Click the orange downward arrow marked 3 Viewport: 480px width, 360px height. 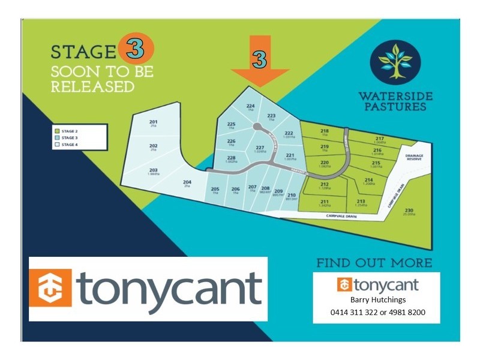[259, 60]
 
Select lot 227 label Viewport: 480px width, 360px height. [260, 149]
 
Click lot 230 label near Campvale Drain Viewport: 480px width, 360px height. [409, 211]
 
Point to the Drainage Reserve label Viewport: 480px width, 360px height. [414, 157]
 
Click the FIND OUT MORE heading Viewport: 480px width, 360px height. [374, 262]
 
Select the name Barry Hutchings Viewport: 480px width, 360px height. [377, 300]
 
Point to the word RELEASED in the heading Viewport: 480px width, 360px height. [92, 86]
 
